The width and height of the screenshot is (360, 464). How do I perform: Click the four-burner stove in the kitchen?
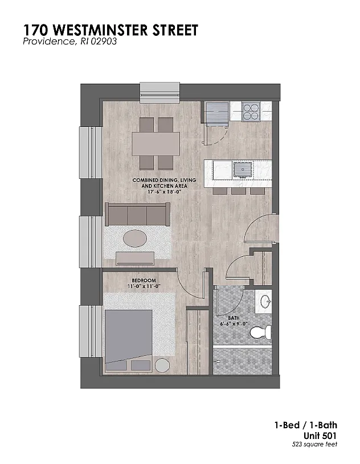[251, 112]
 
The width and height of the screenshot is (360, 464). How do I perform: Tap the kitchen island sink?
[243, 169]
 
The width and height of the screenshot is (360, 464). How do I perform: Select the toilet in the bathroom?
[260, 332]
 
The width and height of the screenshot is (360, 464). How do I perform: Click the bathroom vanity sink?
[265, 302]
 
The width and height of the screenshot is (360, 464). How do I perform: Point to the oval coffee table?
[134, 239]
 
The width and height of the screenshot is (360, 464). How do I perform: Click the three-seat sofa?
[137, 214]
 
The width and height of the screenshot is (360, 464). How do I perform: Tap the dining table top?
[156, 144]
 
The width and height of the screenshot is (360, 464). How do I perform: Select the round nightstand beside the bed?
[162, 365]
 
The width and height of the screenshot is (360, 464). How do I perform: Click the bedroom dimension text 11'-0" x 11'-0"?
[144, 286]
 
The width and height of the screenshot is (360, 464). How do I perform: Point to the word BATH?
[234, 318]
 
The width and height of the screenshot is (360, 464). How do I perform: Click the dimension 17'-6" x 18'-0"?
[164, 192]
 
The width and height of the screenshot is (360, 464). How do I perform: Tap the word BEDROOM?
[144, 280]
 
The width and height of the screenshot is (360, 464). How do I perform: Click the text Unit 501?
[320, 436]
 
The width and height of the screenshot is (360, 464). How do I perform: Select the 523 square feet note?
[314, 444]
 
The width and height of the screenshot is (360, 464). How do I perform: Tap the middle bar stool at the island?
[239, 191]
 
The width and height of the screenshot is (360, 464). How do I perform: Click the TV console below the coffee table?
[135, 258]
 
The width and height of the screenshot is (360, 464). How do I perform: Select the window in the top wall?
[160, 93]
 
